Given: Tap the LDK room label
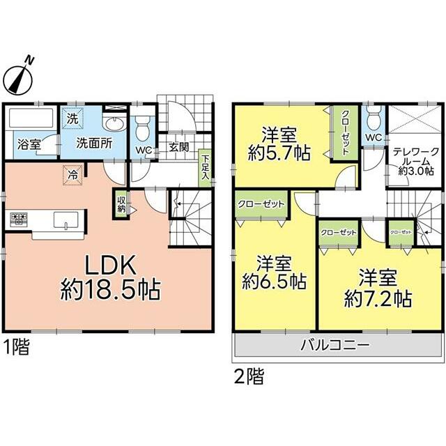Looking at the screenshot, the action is click(110, 265).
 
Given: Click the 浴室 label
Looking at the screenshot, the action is click(29, 144).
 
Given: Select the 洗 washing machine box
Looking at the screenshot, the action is click(72, 118).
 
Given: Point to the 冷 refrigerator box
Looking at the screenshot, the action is click(72, 175).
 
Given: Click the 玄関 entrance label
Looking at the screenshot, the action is click(178, 147).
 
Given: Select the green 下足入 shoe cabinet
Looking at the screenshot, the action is click(205, 167).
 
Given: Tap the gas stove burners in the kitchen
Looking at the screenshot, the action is click(19, 219).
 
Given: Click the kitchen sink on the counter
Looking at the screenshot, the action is click(66, 220).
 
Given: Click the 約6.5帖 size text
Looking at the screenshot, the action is click(275, 282).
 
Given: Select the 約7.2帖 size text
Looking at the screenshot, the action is click(378, 299).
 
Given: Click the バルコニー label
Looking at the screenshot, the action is click(336, 345).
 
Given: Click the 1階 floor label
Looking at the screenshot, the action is click(16, 347).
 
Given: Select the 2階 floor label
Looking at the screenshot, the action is click(249, 376).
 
